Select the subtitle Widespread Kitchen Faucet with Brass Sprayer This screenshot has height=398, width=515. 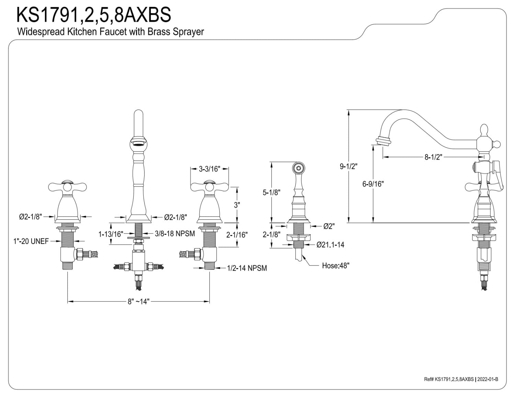110,32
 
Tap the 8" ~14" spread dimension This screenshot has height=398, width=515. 138,302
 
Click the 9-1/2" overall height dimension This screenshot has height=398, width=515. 348,166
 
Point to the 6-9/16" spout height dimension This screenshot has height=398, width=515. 373,184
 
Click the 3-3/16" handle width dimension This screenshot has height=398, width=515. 209,169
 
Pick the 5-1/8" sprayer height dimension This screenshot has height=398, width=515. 272,192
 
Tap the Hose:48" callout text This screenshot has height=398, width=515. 335,265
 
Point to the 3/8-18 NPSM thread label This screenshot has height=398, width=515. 175,234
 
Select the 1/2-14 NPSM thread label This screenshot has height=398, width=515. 247,268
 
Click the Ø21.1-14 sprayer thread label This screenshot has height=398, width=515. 330,245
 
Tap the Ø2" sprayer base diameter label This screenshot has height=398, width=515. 329,226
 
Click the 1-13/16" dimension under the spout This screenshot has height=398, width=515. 111,234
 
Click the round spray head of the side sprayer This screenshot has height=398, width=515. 298,168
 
